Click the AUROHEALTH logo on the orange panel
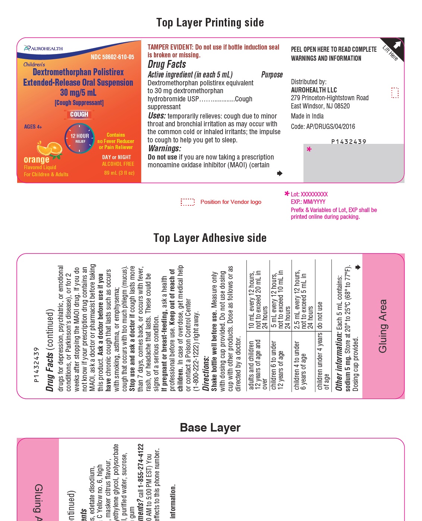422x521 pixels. click(x=43, y=48)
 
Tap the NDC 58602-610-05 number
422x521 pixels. click(x=112, y=57)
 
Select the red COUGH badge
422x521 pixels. click(x=79, y=114)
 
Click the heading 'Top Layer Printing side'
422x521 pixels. click(x=210, y=23)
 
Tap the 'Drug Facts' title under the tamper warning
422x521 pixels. click(x=167, y=64)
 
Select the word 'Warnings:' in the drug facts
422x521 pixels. click(x=164, y=148)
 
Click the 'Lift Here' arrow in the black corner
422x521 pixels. click(x=397, y=45)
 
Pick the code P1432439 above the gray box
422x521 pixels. click(x=349, y=142)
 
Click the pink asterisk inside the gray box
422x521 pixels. click(x=309, y=149)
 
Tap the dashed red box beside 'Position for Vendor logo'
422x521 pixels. click(x=188, y=202)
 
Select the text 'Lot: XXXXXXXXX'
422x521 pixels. click(x=309, y=194)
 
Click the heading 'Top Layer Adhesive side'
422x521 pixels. click(x=210, y=238)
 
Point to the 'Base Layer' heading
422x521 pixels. click(x=210, y=427)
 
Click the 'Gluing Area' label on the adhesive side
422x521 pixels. click(x=383, y=326)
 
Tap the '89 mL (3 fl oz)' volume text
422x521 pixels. click(x=119, y=173)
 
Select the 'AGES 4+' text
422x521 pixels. click(x=33, y=127)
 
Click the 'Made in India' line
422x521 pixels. click(x=307, y=116)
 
